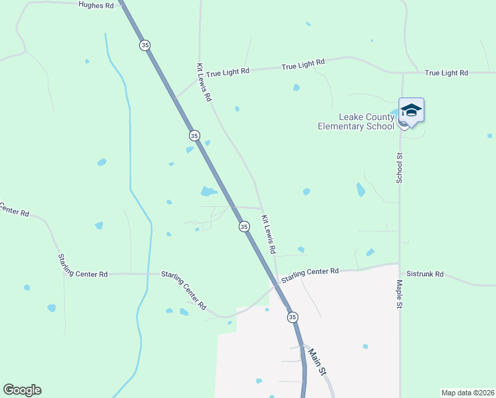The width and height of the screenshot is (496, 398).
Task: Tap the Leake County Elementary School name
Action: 356,122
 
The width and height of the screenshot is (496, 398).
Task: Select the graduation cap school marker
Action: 411,111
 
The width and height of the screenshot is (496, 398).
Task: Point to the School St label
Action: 399,168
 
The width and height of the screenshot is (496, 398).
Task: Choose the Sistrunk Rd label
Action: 425,273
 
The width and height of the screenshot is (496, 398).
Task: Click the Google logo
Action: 22,390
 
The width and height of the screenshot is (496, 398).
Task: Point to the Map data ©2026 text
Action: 467,392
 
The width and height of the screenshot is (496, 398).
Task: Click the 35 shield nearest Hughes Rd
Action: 145,45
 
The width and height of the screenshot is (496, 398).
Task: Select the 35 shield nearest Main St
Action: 292,318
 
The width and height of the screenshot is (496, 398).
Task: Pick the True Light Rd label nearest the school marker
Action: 446,72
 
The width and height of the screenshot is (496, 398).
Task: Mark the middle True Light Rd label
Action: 302,65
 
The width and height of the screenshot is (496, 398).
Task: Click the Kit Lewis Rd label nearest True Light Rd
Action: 204,82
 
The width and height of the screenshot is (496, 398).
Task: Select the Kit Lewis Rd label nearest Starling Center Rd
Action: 269,235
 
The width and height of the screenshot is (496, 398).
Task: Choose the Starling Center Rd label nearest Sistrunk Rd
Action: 310,275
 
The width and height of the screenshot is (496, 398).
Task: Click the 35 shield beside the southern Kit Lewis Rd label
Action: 244,226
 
